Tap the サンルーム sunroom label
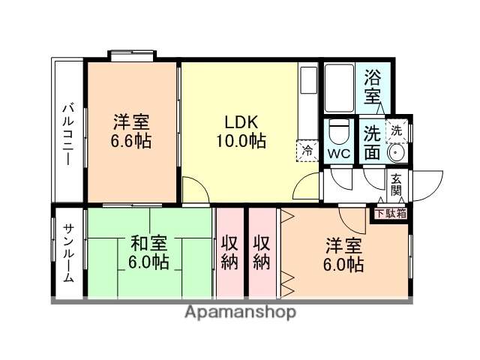point(67,254)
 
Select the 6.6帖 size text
point(132,141)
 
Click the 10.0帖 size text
point(240,141)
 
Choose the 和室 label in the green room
point(148,243)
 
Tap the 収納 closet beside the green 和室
point(230,253)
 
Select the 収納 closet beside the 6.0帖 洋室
point(262,253)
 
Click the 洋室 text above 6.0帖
point(343,245)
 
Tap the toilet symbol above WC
point(338,132)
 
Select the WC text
point(338,154)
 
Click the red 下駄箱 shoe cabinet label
point(391,212)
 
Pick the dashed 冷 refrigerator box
point(307,150)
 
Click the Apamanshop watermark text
point(240,312)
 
